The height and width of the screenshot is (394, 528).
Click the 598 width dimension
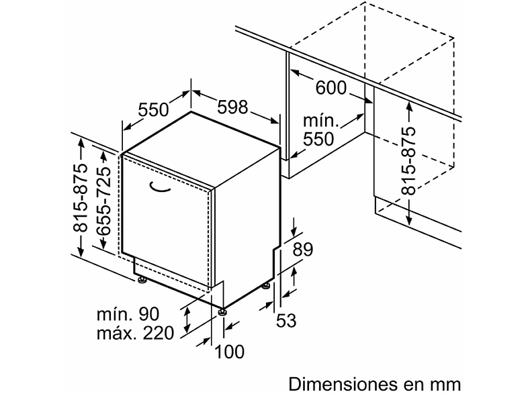click(232, 107)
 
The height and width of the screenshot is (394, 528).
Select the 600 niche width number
click(331, 88)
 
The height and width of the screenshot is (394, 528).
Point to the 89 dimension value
click(302, 250)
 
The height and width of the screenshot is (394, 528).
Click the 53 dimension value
click(286, 320)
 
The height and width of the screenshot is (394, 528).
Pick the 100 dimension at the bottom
click(229, 352)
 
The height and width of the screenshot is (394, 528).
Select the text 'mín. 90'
click(128, 314)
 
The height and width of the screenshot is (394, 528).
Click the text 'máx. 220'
click(136, 333)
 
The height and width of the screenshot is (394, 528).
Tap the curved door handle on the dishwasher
click(159, 187)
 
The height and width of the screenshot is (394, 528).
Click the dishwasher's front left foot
click(142, 280)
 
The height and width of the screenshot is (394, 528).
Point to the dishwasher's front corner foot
click(222, 311)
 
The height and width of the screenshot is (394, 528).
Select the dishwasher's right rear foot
click(267, 287)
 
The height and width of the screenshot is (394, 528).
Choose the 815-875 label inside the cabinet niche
click(409, 160)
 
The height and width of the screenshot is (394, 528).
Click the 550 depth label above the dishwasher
click(153, 109)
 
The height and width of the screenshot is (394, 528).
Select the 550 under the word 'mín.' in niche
click(318, 139)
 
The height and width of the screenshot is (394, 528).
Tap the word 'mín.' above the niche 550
click(320, 120)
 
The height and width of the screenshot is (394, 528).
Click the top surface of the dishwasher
click(202, 148)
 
